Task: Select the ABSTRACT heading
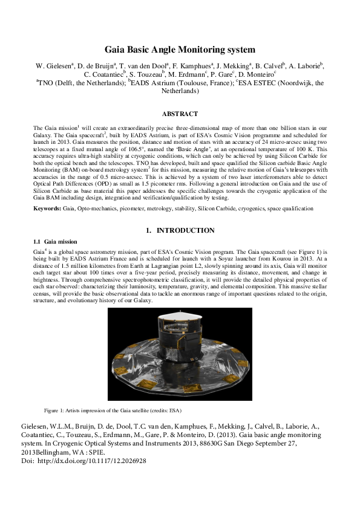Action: click(x=180, y=114)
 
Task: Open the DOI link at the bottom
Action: click(x=96, y=461)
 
